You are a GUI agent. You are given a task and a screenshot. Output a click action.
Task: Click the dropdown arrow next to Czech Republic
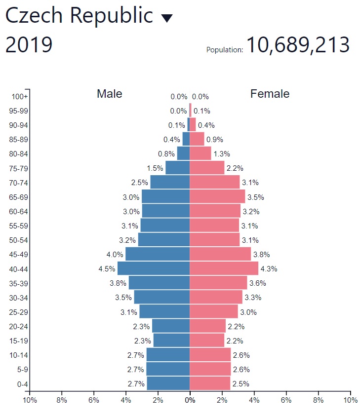click(x=167, y=18)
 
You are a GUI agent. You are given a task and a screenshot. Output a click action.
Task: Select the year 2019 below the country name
click(x=29, y=45)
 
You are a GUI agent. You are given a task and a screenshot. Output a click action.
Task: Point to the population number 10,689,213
click(x=298, y=45)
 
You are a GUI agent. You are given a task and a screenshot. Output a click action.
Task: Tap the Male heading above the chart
click(x=110, y=94)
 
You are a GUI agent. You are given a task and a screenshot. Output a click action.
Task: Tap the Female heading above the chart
click(x=270, y=94)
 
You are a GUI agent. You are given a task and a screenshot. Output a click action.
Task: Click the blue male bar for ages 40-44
click(x=154, y=268)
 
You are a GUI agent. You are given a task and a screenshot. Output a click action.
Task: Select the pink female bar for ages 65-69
click(x=217, y=197)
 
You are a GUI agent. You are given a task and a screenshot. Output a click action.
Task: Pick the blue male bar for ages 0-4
click(x=168, y=383)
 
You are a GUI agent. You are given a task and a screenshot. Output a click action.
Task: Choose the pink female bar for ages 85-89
click(x=197, y=139)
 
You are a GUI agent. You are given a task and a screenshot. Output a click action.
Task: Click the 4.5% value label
click(x=107, y=269)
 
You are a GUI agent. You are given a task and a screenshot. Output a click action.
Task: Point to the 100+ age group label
click(x=20, y=97)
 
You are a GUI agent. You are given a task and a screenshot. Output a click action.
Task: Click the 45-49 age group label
click(x=19, y=255)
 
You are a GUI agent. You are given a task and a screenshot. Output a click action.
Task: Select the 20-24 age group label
click(x=19, y=326)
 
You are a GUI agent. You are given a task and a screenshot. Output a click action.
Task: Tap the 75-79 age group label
click(x=19, y=168)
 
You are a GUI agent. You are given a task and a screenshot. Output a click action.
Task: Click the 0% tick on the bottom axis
click(x=190, y=400)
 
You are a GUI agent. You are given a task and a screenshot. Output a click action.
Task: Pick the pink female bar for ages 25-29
click(x=214, y=312)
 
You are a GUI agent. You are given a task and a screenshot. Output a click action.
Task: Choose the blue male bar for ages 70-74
click(x=170, y=183)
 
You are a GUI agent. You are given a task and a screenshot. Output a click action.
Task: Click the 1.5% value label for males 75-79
click(x=155, y=168)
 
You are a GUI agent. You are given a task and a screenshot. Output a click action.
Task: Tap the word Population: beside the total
click(x=225, y=50)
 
